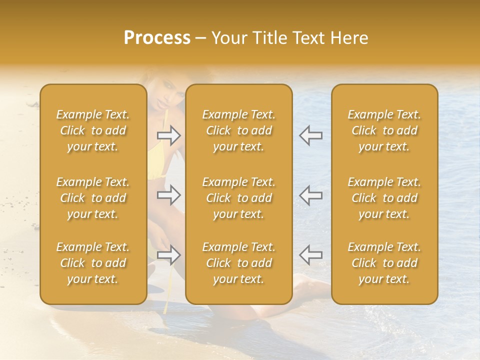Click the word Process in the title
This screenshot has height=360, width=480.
[x=157, y=38]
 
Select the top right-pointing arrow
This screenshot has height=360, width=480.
[x=169, y=135]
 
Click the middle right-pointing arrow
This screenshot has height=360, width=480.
[x=169, y=194]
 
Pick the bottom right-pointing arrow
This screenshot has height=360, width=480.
[x=169, y=255]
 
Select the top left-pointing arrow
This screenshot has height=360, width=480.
[x=310, y=135]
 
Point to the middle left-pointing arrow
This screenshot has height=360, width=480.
[x=310, y=194]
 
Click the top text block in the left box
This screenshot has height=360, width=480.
[x=93, y=130]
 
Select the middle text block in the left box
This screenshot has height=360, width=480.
[x=93, y=198]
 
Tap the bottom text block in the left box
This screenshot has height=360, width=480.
[x=93, y=263]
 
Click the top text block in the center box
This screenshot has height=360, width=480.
[x=239, y=130]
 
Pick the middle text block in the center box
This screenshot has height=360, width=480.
[x=239, y=198]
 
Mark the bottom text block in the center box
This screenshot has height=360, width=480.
[x=239, y=263]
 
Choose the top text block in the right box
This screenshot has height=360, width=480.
[x=384, y=130]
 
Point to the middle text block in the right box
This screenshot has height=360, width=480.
[x=384, y=198]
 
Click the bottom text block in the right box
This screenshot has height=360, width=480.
[x=384, y=263]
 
